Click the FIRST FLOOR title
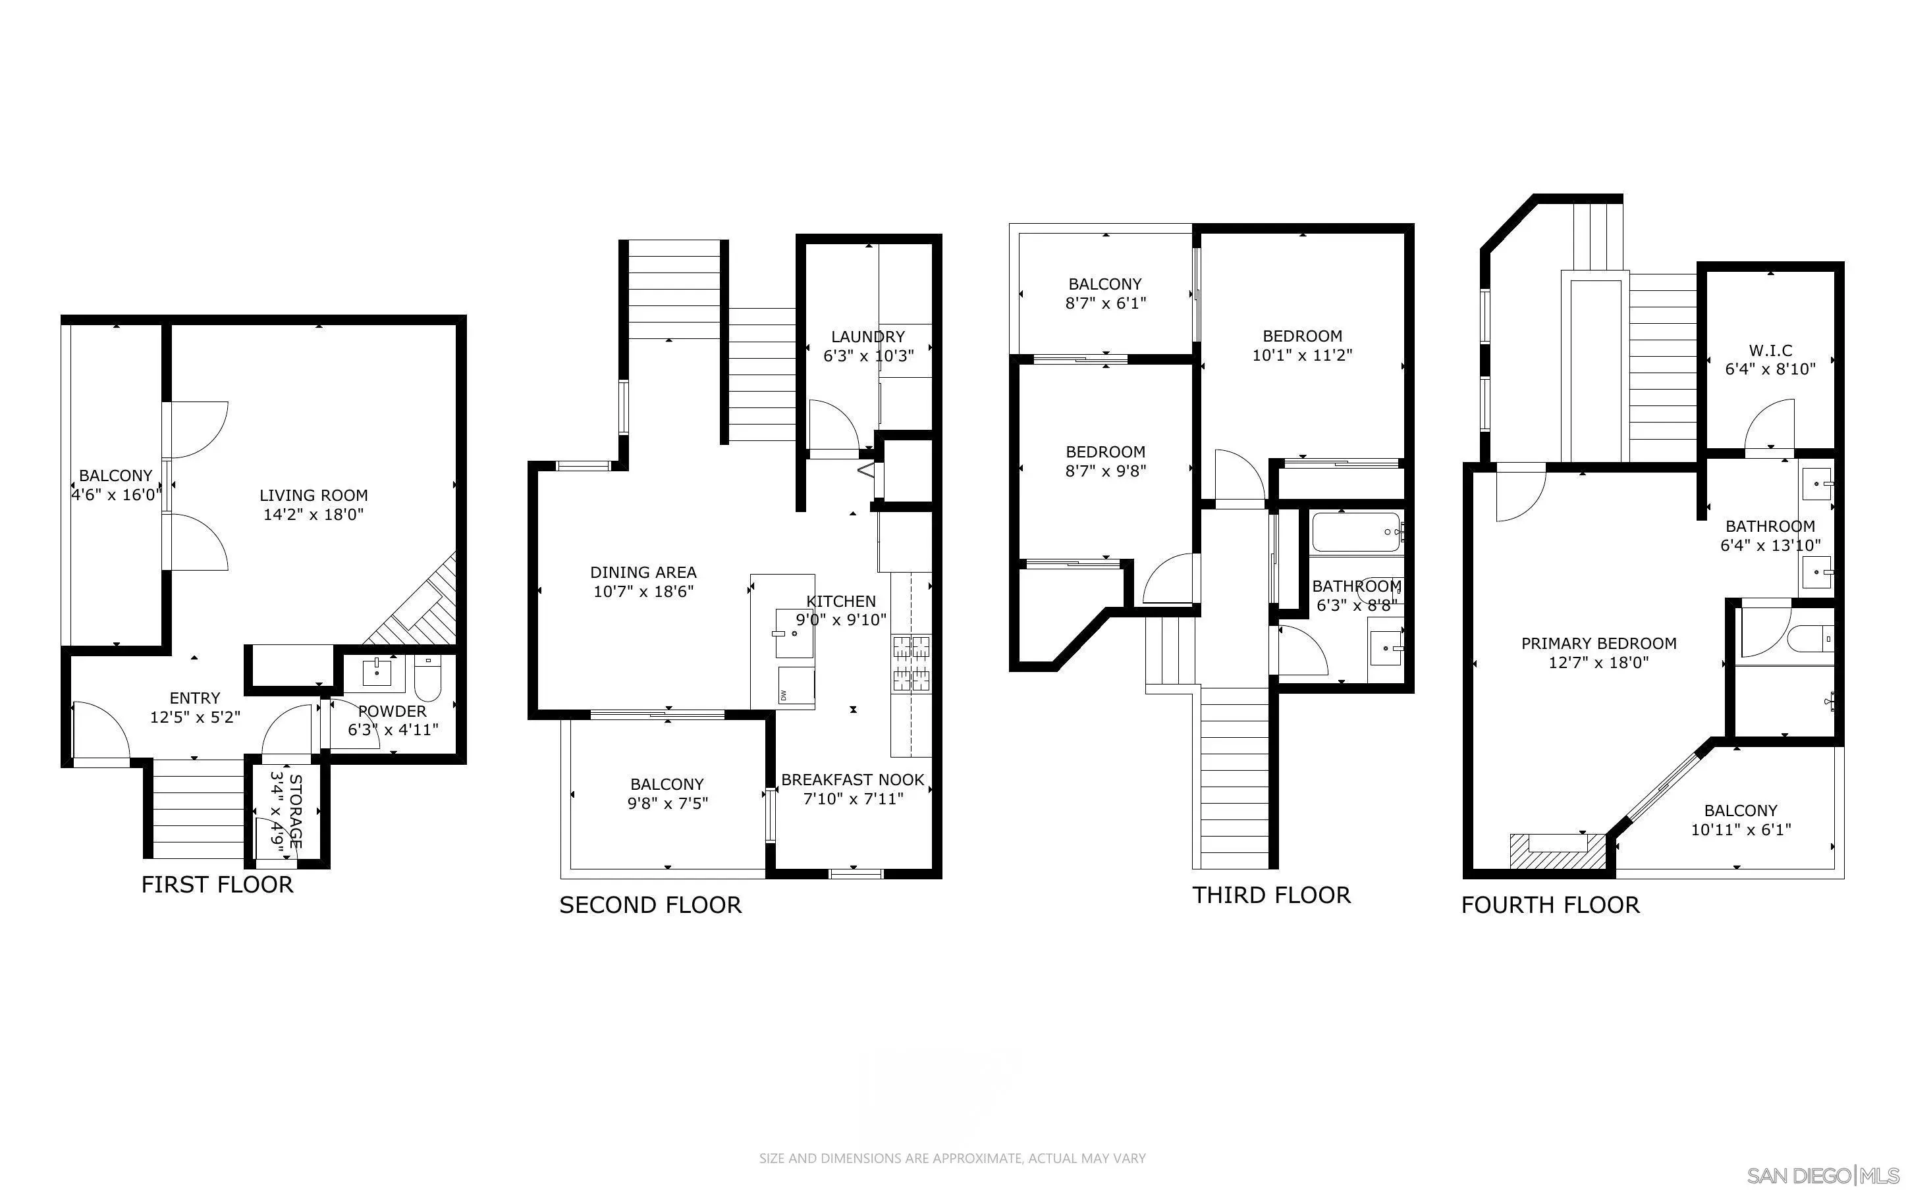pos(217,885)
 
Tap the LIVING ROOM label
pos(313,495)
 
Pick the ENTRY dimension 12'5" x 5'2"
pos(195,717)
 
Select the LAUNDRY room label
pos(867,336)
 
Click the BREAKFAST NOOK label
pos(853,780)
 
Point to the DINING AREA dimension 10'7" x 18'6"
pos(643,592)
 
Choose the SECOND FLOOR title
pos(650,905)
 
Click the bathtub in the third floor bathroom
pos(1355,533)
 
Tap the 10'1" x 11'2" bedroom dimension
pos(1302,355)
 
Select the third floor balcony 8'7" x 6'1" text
pos(1105,303)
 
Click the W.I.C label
pos(1770,350)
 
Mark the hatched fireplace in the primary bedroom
pos(1556,852)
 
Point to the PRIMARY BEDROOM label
pos(1598,643)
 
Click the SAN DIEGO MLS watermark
pos(1822,1176)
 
